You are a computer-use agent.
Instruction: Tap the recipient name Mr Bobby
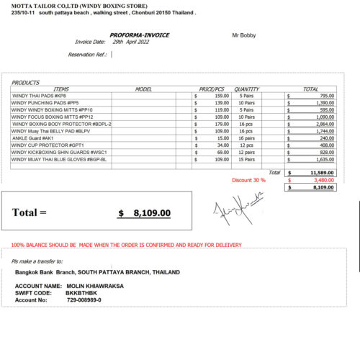coord(243,35)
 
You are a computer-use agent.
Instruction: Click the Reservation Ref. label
coord(86,54)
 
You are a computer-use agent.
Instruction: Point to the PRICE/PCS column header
coord(214,89)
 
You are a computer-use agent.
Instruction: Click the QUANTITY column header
coord(246,89)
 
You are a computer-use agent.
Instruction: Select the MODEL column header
coord(143,89)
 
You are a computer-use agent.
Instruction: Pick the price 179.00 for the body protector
coord(220,124)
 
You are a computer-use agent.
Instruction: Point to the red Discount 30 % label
coord(248,180)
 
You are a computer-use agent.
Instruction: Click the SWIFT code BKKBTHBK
coord(82,293)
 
